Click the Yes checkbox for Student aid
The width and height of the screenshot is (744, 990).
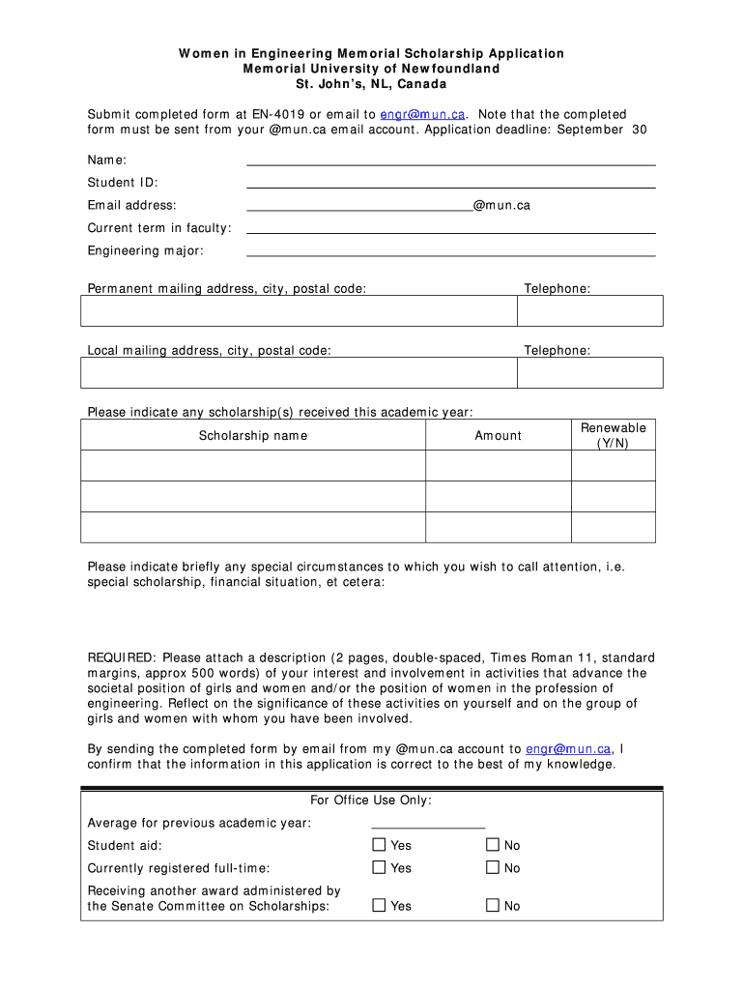[x=379, y=845]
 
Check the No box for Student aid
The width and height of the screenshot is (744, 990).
[x=493, y=845]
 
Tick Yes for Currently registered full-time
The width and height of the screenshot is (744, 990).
[x=379, y=868]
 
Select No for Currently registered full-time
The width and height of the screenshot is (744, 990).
[x=493, y=868]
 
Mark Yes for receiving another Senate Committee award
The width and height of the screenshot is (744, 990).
[x=379, y=906]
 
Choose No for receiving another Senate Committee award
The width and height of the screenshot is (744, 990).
[x=493, y=906]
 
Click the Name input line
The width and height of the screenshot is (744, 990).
[x=451, y=160]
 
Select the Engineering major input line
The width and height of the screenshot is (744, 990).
[x=451, y=250]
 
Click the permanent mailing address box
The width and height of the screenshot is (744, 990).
[x=299, y=310]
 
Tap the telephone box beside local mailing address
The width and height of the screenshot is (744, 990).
[x=590, y=372]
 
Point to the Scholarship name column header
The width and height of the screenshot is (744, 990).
[x=253, y=436]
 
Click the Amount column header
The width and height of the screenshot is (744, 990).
[x=498, y=436]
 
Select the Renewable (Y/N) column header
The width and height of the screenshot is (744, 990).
[x=613, y=435]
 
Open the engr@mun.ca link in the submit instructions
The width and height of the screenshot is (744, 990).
[x=415, y=114]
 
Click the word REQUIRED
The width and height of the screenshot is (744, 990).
[x=117, y=657]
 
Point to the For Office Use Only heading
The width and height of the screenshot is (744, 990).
[x=371, y=801]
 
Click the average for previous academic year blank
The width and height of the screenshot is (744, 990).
[x=428, y=823]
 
